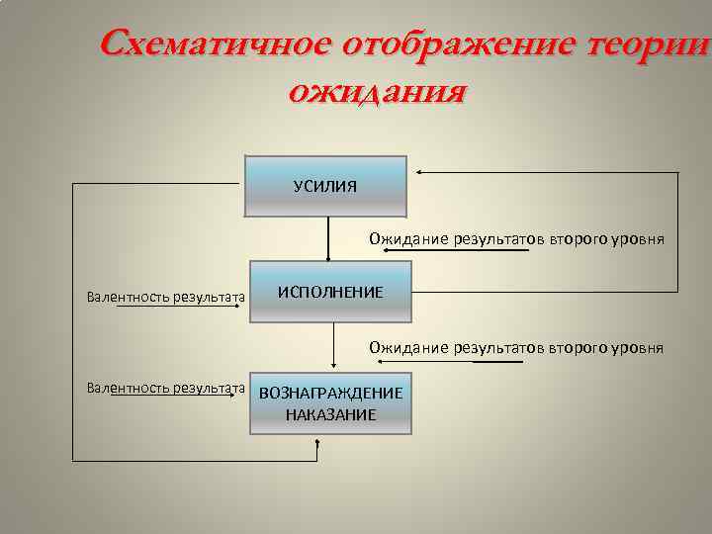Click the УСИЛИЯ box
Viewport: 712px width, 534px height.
(x=325, y=186)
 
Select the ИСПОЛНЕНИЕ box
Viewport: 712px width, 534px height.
(x=330, y=292)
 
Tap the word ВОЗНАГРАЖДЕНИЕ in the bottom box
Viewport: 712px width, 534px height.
(x=330, y=393)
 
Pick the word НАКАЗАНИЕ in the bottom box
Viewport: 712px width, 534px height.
(x=330, y=414)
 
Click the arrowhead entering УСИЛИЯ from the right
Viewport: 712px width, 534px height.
(x=419, y=173)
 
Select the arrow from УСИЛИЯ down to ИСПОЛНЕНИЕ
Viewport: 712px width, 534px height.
(x=328, y=237)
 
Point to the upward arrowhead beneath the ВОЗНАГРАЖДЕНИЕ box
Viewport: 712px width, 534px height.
(x=317, y=443)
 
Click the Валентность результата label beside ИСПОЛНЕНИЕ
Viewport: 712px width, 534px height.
(x=165, y=296)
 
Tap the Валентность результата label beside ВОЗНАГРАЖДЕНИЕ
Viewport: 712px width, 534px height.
(x=165, y=388)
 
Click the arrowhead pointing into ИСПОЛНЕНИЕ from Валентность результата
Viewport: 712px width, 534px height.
(x=242, y=305)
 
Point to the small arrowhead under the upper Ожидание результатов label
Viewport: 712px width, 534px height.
(x=388, y=251)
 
